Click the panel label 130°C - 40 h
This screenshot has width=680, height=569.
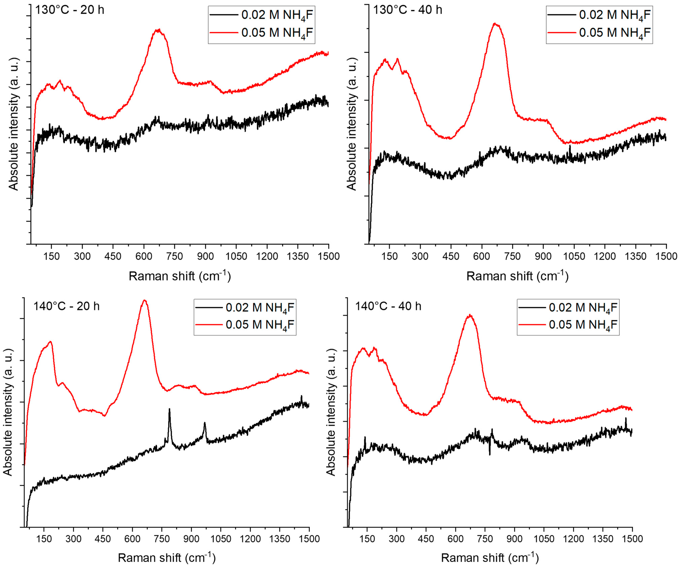(407, 10)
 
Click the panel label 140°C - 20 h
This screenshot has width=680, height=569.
(66, 306)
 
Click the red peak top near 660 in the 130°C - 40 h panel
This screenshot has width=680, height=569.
(495, 24)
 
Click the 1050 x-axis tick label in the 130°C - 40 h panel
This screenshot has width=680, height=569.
(574, 256)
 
